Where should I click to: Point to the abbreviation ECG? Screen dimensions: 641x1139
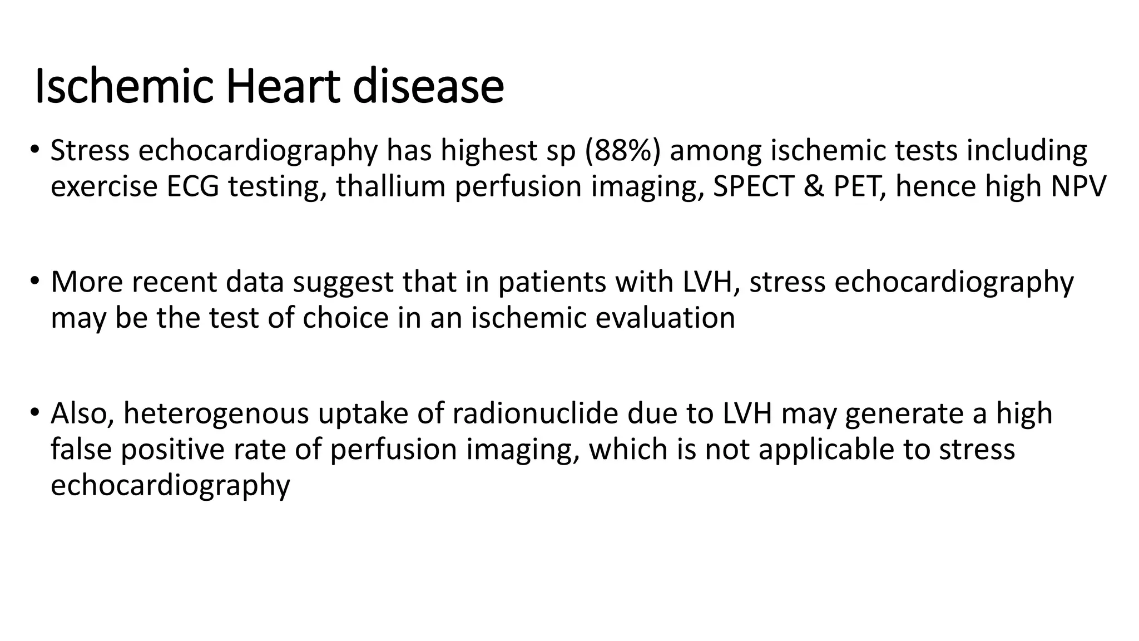click(192, 186)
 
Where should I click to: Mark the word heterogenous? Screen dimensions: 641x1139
click(216, 414)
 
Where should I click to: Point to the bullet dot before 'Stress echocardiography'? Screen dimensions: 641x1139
click(35, 150)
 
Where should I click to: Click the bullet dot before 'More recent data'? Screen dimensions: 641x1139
click(35, 281)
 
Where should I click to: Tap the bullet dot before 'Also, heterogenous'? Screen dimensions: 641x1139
click(35, 413)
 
